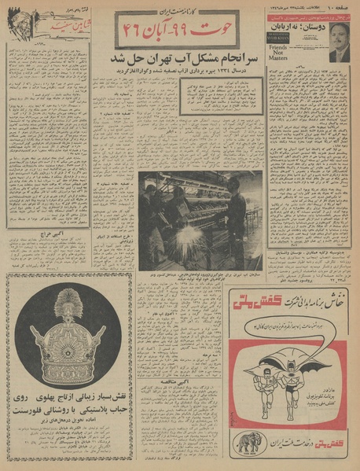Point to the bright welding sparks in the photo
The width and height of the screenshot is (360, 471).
[x=182, y=234]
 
